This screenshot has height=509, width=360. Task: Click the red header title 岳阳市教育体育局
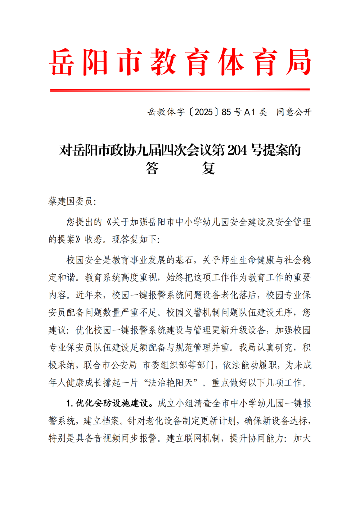click(180, 62)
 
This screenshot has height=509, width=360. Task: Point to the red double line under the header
click(180, 90)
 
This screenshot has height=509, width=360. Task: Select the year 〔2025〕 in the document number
click(204, 112)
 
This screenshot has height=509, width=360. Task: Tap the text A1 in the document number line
click(249, 112)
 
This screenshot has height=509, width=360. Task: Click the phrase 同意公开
click(294, 112)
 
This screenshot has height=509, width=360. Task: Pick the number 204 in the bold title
click(237, 150)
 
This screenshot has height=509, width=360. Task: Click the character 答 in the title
click(152, 168)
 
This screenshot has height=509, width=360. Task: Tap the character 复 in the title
click(208, 168)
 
